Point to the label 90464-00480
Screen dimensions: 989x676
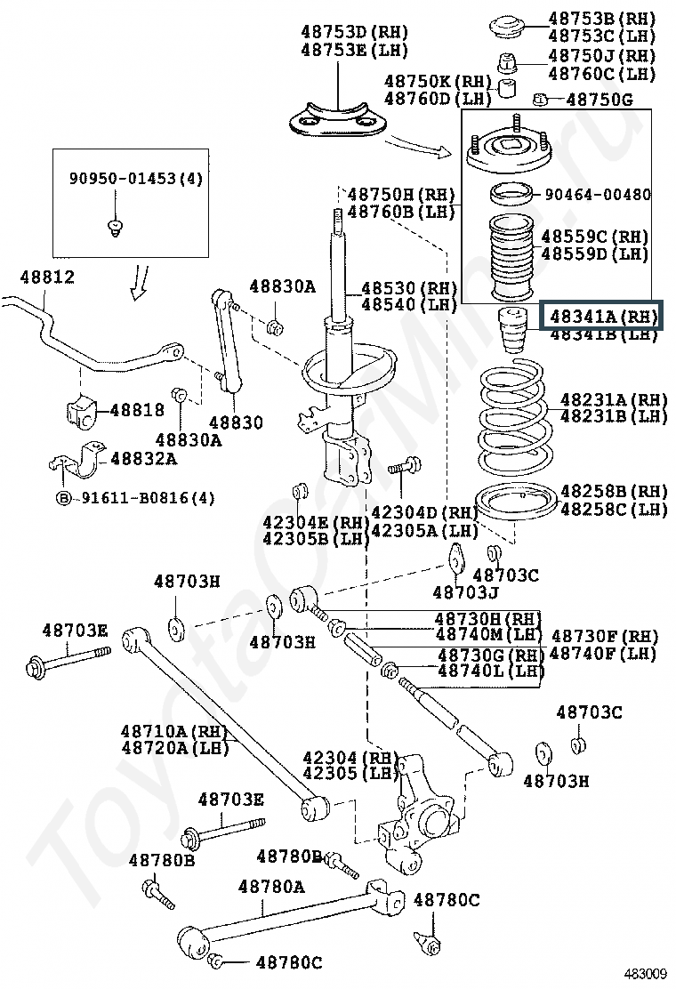tap(597, 195)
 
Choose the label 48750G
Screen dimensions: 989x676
tap(600, 101)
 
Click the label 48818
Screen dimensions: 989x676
tap(137, 410)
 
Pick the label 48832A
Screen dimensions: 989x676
tap(143, 459)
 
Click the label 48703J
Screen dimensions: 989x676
tap(465, 591)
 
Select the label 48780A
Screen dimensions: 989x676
tap(271, 887)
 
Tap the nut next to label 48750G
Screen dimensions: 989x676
tap(540, 100)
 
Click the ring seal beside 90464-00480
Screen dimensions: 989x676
tap(511, 193)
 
